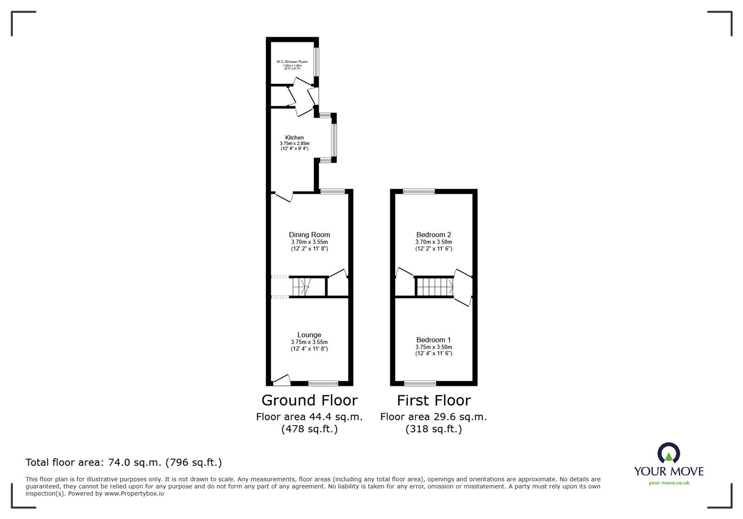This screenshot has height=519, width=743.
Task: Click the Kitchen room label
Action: tap(294, 138)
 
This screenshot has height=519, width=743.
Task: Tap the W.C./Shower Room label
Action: tap(292, 62)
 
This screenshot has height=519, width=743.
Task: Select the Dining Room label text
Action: tap(309, 235)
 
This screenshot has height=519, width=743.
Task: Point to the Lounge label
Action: tap(309, 335)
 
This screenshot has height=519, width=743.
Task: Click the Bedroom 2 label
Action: tap(434, 235)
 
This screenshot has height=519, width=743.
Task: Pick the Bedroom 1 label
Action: tap(434, 340)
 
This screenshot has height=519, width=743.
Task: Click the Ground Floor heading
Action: tap(309, 400)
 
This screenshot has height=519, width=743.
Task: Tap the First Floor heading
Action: tap(434, 400)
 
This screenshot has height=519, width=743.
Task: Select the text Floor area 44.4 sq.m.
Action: tap(309, 417)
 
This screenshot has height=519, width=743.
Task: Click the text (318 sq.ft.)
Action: tap(434, 429)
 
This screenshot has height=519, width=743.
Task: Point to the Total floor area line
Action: tap(124, 462)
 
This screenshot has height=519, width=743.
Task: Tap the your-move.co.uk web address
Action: tap(669, 483)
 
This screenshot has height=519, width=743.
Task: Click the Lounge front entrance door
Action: tap(281, 380)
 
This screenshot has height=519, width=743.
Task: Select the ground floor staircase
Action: tap(301, 287)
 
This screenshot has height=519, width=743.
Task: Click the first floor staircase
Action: tap(435, 287)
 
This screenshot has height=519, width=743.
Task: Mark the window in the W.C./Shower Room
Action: tap(317, 62)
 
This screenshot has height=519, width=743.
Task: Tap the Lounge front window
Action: tap(323, 383)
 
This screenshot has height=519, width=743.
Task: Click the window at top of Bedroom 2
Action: tap(419, 191)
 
